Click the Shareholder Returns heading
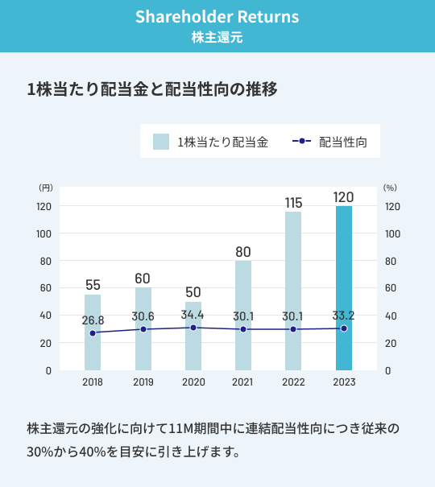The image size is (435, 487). click(x=217, y=17)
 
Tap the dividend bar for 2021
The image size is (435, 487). click(x=243, y=314)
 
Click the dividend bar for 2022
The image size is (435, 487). click(x=293, y=290)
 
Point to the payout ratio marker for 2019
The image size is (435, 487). click(x=143, y=329)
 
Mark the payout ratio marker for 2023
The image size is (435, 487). click(x=344, y=328)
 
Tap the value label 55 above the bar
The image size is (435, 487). click(x=93, y=285)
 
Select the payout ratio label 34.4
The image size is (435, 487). click(x=193, y=315)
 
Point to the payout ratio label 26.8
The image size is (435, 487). click(x=93, y=320)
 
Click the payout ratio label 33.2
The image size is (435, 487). click(x=344, y=316)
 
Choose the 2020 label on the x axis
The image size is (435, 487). click(x=193, y=382)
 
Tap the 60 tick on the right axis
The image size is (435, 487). click(x=391, y=288)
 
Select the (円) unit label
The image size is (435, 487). click(x=45, y=188)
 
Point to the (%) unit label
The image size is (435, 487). click(x=391, y=188)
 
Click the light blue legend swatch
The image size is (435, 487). click(x=161, y=142)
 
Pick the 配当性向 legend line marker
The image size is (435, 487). click(x=301, y=142)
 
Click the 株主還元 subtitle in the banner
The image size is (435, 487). click(x=217, y=37)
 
